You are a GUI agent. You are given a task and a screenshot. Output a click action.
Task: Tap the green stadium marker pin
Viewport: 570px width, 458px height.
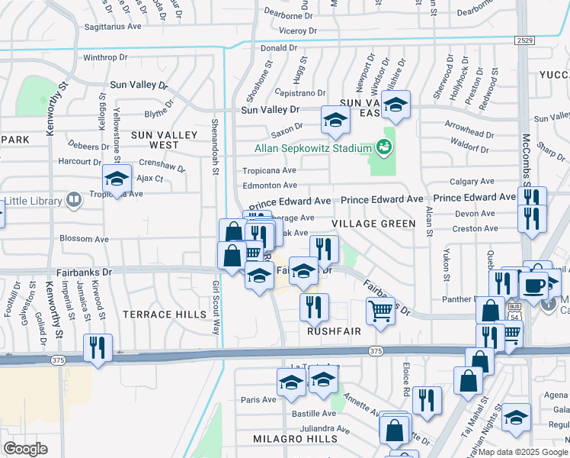383,147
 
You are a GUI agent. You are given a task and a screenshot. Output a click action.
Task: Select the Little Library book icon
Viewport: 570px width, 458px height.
74,201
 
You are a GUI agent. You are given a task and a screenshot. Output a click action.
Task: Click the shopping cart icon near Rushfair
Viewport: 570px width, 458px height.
379,310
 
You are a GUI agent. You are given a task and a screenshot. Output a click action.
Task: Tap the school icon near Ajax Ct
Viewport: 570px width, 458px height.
117,179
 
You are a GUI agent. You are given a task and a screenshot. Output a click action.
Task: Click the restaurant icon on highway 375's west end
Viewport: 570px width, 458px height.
98,348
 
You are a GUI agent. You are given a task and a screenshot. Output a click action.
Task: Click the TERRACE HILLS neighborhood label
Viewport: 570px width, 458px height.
166,314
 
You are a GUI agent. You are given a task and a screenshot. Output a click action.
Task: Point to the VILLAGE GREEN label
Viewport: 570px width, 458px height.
373,224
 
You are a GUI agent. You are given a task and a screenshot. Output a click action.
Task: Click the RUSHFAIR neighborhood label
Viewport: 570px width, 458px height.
333,332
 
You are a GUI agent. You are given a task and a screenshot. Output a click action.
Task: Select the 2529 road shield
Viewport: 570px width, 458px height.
524,40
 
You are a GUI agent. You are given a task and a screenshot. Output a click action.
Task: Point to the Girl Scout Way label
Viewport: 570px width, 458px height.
216,307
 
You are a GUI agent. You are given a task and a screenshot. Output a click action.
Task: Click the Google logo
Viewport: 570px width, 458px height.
27,449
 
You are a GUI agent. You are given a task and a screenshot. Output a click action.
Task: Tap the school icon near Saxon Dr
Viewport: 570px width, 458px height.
335,120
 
